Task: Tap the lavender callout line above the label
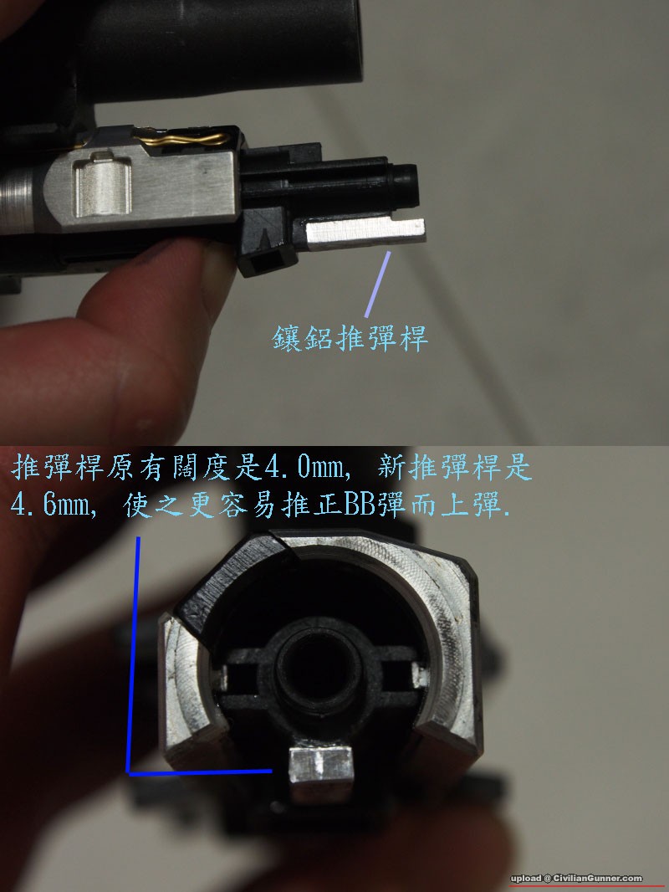click(x=377, y=284)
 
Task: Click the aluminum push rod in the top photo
click(x=365, y=234)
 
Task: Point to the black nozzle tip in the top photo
click(x=405, y=185)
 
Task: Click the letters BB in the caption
click(x=358, y=505)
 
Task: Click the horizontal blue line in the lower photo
click(x=200, y=772)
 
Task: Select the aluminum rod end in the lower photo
click(x=322, y=766)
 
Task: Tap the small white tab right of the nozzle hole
click(x=420, y=674)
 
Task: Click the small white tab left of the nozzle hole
click(x=222, y=677)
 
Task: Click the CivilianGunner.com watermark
click(x=576, y=879)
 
